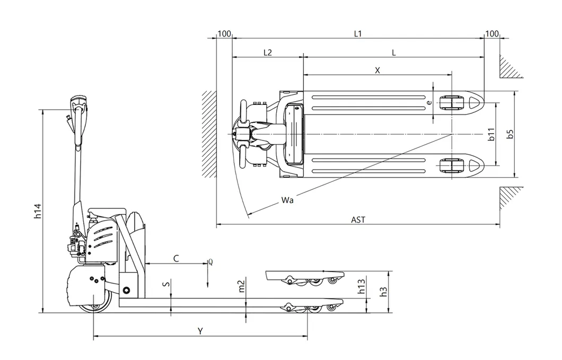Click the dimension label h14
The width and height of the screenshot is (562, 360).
pos(37,210)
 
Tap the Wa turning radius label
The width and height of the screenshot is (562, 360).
pos(288,200)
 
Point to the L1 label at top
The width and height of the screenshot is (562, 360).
pos(358,34)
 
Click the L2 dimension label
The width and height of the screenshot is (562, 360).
pos(268,52)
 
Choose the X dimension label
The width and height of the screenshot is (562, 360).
pos(377,69)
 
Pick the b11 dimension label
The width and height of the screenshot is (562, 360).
pos(491,134)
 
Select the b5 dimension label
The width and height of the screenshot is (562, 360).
pos(510,134)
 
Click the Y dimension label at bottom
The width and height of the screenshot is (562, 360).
pos(200,331)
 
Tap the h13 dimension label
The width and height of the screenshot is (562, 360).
pos(361,287)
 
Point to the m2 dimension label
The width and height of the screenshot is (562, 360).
pos(241,286)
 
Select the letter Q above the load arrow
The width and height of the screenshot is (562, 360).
pos(210,262)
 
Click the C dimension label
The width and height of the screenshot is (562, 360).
pos(176,258)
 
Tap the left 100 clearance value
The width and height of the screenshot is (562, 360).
pos(224,34)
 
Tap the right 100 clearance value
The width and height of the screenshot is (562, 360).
pos(492,34)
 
